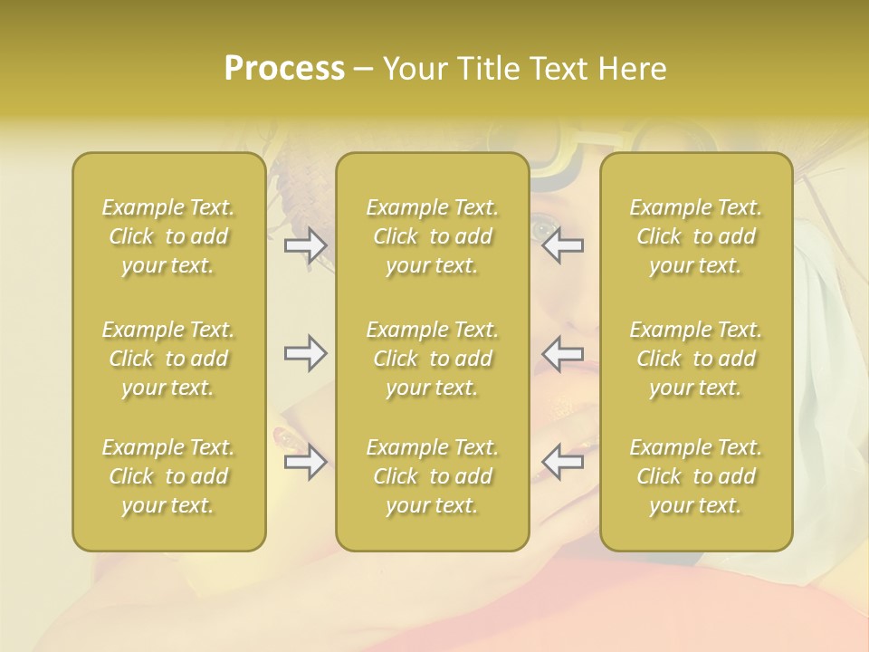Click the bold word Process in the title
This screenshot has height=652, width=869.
[x=284, y=69]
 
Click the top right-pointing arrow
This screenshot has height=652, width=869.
[x=305, y=245]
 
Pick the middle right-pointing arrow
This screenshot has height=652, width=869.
[x=305, y=353]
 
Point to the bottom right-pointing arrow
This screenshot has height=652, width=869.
[x=305, y=463]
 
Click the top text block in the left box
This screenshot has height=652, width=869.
[x=168, y=236]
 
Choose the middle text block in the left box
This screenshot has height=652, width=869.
[x=168, y=359]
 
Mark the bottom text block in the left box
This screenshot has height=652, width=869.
[x=168, y=476]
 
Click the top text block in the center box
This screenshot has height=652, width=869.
[x=432, y=236]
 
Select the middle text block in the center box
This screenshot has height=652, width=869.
[x=432, y=359]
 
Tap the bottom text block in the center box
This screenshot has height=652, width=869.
[x=432, y=476]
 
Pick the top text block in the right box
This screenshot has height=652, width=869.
[x=695, y=236]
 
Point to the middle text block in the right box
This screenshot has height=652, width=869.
[x=695, y=359]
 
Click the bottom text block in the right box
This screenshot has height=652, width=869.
[x=695, y=476]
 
